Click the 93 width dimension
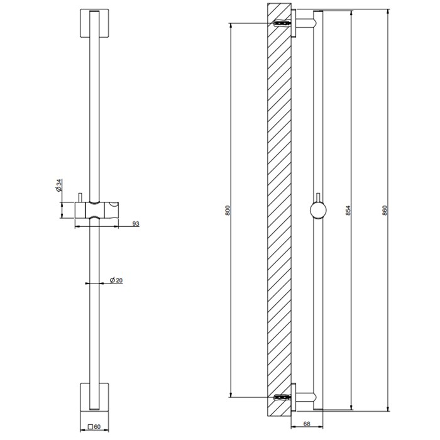[135, 224]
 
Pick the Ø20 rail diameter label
[116, 280]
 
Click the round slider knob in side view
[319, 210]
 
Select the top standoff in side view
[304, 24]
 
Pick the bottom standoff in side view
[304, 397]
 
